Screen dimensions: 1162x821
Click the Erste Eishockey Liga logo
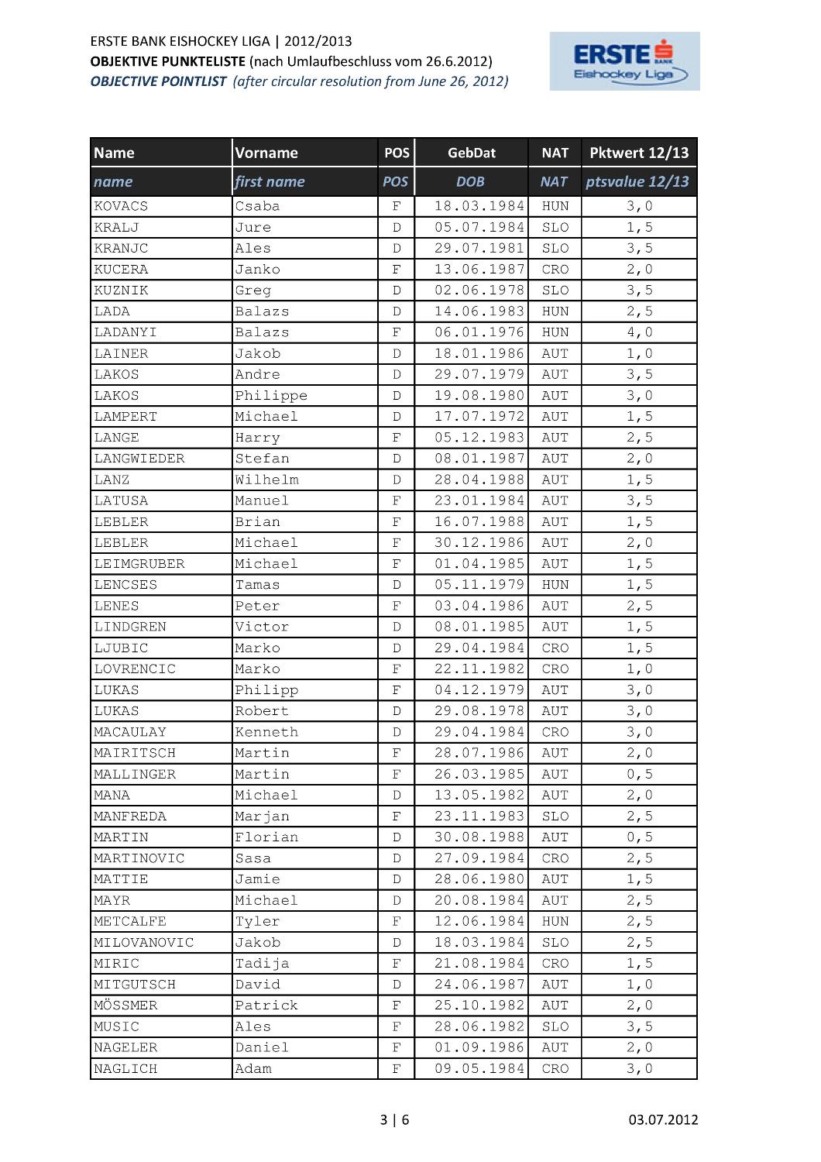coord(624,61)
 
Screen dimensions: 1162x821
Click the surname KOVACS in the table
coord(121,206)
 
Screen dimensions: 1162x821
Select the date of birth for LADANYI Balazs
coord(479,332)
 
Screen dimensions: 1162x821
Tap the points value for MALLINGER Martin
coord(639,774)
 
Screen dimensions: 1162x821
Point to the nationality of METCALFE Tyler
coord(555,921)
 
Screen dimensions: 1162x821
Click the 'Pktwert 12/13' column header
coord(639,153)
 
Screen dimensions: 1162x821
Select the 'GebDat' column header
coord(471,153)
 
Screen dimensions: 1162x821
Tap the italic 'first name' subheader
coord(270,182)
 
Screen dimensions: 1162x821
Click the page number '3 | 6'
coord(395,1119)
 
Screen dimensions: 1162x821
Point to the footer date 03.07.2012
coord(663,1119)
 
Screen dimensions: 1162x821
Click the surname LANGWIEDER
coord(139,459)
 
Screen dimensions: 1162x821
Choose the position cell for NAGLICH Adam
coord(397,1069)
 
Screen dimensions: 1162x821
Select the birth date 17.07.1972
coord(479,417)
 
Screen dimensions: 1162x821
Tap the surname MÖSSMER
coord(125,1006)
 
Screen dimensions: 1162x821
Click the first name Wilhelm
coord(266,480)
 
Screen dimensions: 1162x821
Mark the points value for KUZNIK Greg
coord(639,290)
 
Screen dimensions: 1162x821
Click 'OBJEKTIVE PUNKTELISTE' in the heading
coord(168,61)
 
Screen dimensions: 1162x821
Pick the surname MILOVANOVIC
coord(144,943)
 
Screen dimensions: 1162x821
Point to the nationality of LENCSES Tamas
coord(555,585)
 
